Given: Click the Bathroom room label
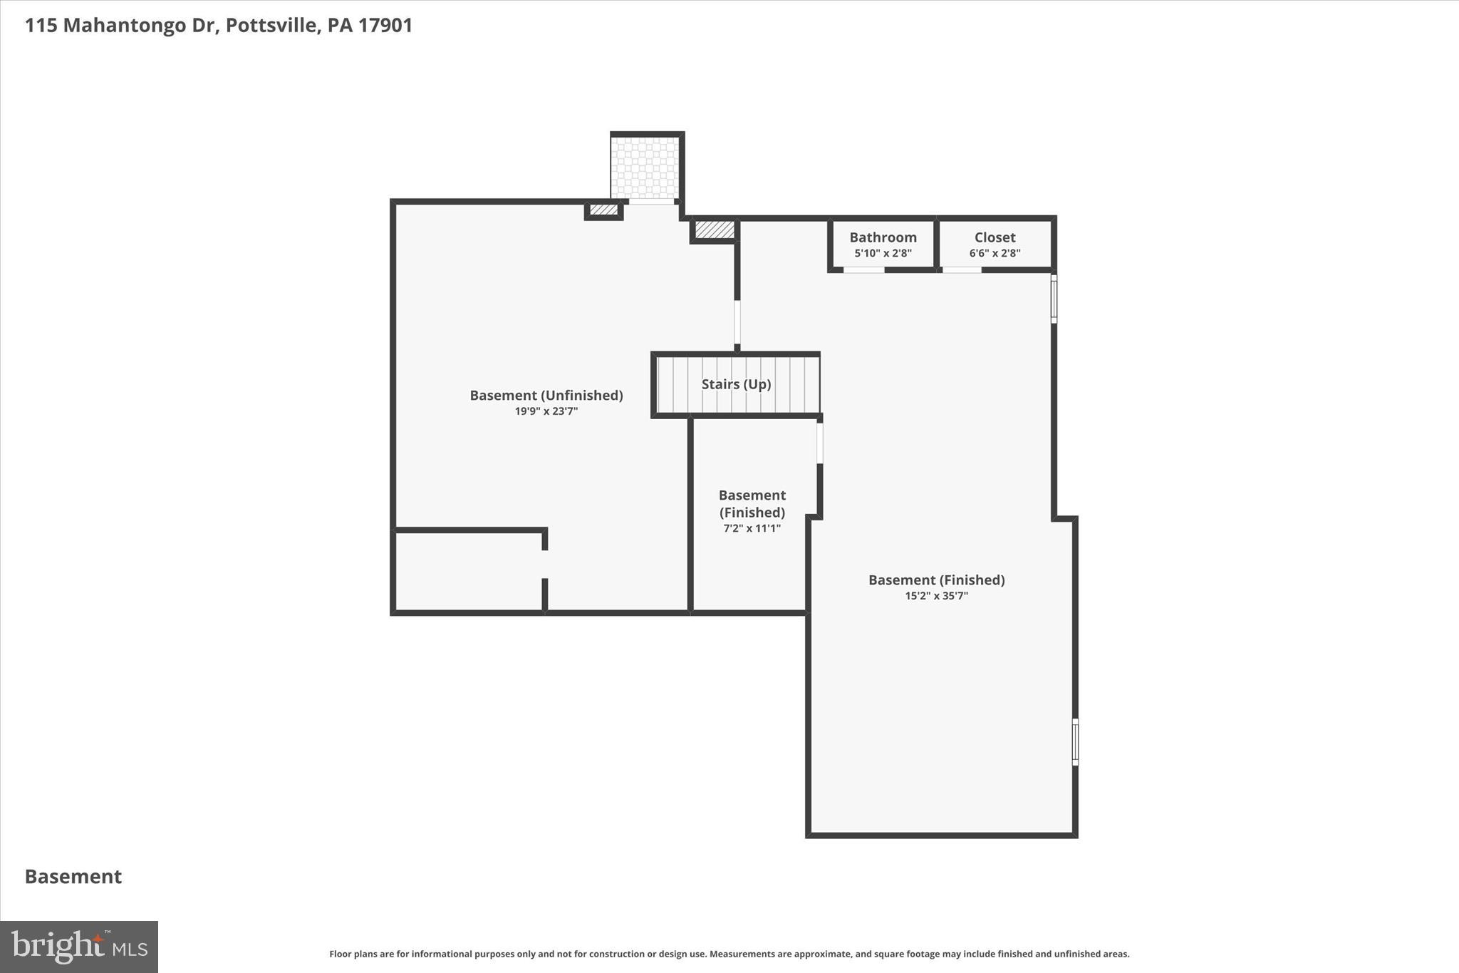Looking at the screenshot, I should (x=883, y=237).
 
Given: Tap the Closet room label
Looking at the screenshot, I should (x=995, y=237).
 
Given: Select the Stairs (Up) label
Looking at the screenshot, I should (x=736, y=384).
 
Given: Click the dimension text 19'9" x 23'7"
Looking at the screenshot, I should (x=546, y=411).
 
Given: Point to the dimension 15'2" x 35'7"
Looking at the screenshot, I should (x=936, y=596).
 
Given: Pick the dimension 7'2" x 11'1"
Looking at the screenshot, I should (x=752, y=528).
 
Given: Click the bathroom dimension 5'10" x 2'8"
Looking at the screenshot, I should (x=883, y=253).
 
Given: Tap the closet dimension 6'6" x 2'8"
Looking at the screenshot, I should (x=995, y=253).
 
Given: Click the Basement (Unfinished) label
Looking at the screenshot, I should (x=546, y=395).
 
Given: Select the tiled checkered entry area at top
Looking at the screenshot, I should (x=645, y=168).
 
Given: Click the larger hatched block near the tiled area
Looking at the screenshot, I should (x=714, y=230).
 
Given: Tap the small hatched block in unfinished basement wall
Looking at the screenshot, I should (x=603, y=210).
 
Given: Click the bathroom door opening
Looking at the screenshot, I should (x=863, y=270).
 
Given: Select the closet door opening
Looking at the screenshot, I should (x=962, y=270).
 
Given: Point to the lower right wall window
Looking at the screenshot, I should (x=1075, y=742).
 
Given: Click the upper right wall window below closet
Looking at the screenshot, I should (x=1054, y=299).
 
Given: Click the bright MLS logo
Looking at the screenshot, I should (x=79, y=947).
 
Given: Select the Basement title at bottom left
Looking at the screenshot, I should (x=73, y=877).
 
